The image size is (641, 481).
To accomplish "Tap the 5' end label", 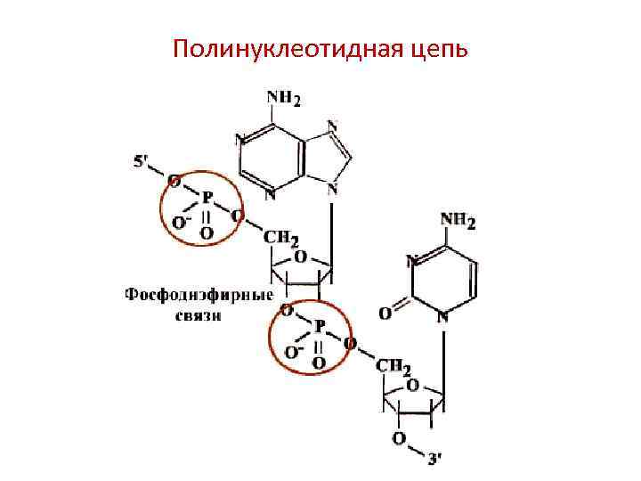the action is click(142, 162).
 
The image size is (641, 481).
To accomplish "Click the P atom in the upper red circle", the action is click(207, 197).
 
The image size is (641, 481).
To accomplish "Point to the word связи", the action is click(198, 316).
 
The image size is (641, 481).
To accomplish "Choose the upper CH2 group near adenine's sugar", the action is click(281, 238).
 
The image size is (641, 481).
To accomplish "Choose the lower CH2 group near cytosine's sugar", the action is click(394, 366).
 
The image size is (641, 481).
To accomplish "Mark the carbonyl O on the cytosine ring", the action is click(384, 314).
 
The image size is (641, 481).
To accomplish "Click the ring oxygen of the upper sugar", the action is click(301, 257).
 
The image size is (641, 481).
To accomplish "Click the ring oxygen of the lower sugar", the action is click(411, 387).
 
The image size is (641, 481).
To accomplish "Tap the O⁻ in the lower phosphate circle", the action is click(292, 351).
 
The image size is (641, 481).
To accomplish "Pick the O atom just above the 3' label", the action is click(398, 439).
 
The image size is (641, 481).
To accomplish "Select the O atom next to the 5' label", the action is click(174, 181).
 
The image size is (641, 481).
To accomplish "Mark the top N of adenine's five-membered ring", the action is click(332, 126).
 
